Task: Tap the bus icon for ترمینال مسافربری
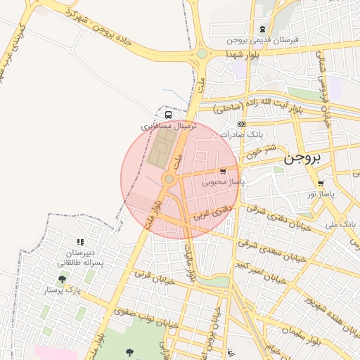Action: [168, 115]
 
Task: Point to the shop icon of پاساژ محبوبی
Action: [223, 171]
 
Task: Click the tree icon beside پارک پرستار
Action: [62, 279]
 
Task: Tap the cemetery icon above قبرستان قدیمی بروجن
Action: [263, 30]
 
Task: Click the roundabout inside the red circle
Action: [169, 179]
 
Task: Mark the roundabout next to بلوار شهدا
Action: [202, 53]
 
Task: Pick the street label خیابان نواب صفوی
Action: [126, 316]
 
